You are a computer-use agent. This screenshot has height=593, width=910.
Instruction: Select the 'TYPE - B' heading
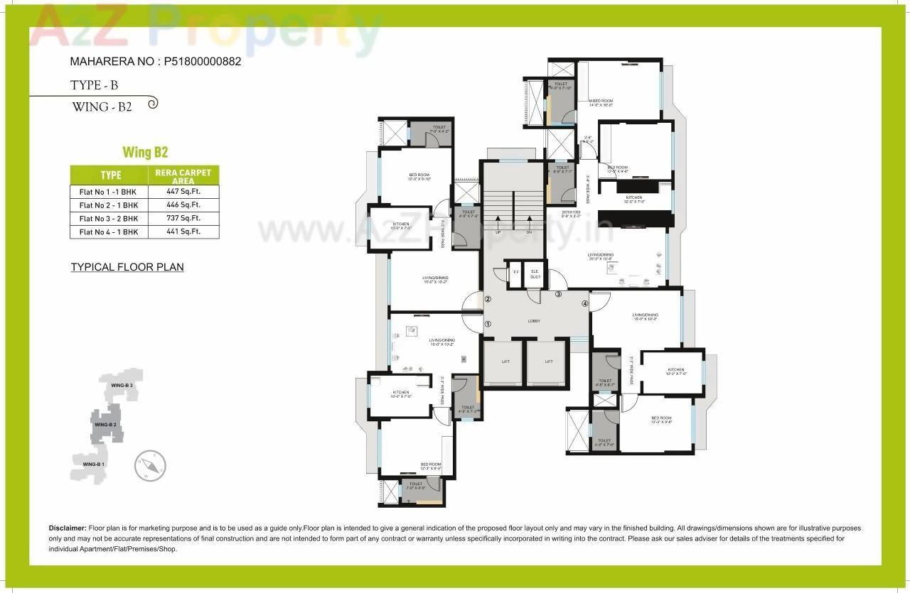click(94, 85)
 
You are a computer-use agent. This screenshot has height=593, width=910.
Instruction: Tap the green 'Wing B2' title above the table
click(145, 152)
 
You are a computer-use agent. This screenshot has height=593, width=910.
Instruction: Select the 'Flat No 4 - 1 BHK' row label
click(108, 232)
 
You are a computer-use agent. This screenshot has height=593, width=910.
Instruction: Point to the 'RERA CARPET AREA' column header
click(183, 176)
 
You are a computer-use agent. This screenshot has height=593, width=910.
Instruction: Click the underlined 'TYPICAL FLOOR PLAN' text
click(127, 268)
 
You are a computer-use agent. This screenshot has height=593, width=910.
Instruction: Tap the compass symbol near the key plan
click(150, 466)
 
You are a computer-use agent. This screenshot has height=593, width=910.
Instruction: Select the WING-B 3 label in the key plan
click(122, 385)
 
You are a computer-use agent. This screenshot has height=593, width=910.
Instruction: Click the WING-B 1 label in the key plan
click(93, 464)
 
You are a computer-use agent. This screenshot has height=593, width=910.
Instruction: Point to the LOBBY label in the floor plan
click(534, 321)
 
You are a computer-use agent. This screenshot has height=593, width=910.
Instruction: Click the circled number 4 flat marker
click(585, 304)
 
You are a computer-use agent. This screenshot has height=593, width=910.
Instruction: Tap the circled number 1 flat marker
click(488, 324)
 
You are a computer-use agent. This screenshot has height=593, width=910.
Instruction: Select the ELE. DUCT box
click(535, 275)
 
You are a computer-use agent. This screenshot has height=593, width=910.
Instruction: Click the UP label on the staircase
click(498, 232)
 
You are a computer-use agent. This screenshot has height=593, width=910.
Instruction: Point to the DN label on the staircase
click(529, 232)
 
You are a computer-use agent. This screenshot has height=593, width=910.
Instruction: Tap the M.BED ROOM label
click(601, 101)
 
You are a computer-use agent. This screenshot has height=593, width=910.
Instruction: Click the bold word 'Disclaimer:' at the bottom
click(68, 528)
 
